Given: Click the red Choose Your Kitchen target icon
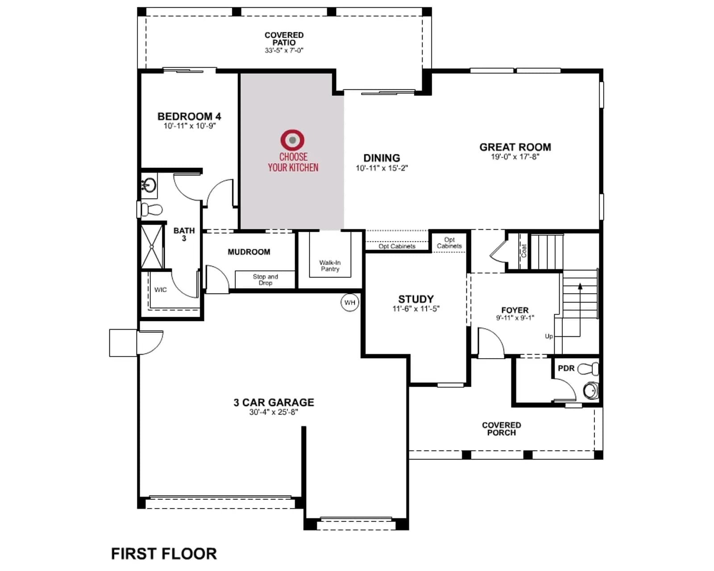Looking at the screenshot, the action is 292,140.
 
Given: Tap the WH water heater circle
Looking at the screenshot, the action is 350,302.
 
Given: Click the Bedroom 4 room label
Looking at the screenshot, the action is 189,116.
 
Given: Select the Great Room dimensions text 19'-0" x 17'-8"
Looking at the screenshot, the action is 515,157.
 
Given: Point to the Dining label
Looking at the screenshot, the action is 382,158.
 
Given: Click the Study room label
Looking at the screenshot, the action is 416,299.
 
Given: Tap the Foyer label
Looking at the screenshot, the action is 515,310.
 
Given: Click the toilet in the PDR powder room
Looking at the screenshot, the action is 588,368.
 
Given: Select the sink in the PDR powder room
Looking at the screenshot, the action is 591,390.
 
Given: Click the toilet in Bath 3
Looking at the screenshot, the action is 152,210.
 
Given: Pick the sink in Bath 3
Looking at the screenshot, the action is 149,185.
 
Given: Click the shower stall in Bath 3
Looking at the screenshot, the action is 152,247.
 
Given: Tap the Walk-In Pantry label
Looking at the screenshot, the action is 330,266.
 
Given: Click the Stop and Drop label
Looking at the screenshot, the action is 266,280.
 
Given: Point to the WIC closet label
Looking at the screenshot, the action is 160,290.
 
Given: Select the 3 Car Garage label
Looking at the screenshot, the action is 274,402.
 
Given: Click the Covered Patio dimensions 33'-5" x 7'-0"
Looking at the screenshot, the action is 284,50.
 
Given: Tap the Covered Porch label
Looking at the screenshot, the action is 501,429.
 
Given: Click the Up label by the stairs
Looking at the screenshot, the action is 549,336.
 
